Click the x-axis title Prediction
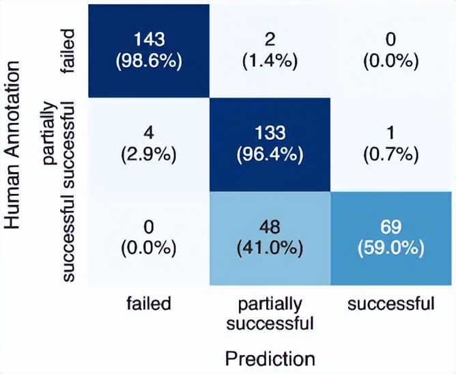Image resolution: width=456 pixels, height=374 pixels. click(x=270, y=358)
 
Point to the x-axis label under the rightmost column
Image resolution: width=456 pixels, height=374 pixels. click(x=390, y=304)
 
